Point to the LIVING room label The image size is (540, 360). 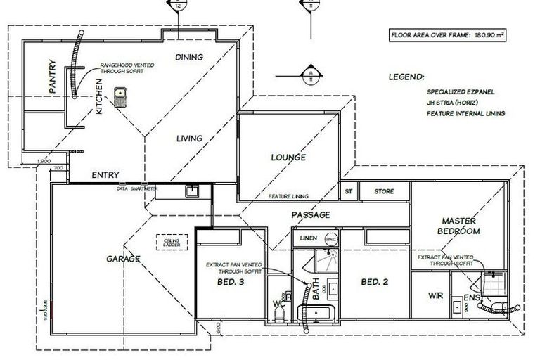tap(189, 139)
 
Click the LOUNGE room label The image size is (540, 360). tap(288, 157)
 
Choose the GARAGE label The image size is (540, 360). tap(124, 258)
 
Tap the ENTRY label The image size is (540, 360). tap(105, 175)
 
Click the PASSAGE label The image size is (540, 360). tap(310, 214)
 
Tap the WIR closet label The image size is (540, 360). tap(435, 296)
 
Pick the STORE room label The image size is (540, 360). tap(384, 191)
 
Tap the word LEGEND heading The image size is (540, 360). tap(406, 77)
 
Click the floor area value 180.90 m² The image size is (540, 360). tap(490, 33)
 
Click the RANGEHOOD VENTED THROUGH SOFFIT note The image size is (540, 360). tap(127, 67)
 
